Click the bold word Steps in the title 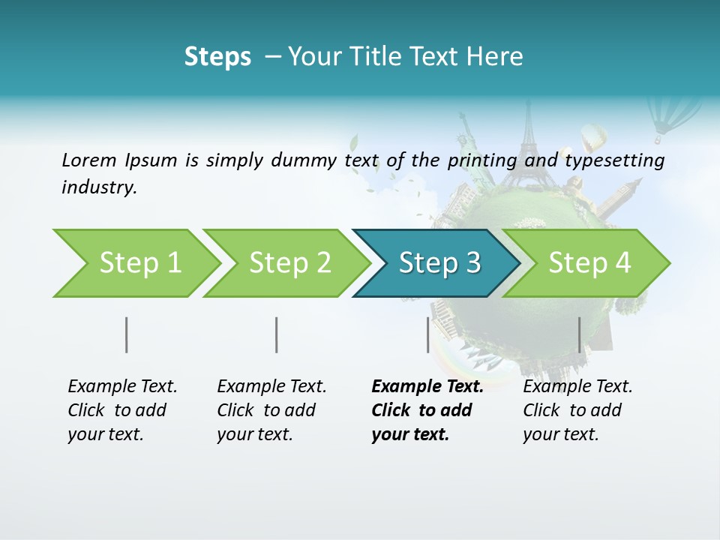(x=217, y=57)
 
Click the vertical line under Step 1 (x=127, y=334)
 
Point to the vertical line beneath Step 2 (x=277, y=334)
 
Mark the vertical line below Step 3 (x=428, y=334)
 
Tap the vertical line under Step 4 (x=580, y=334)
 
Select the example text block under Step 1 (x=122, y=410)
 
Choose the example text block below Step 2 (x=271, y=410)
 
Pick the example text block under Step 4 (x=577, y=410)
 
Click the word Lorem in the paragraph (x=89, y=160)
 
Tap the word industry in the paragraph (x=99, y=187)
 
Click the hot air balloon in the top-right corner (x=666, y=119)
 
